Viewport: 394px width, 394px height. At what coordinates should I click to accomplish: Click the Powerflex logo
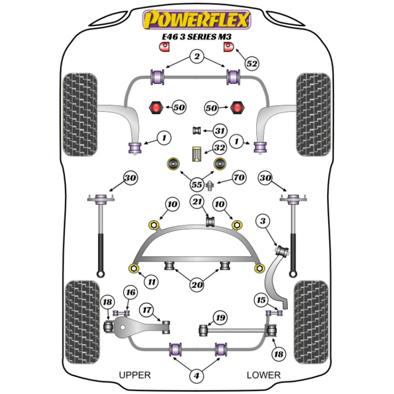tap(197, 20)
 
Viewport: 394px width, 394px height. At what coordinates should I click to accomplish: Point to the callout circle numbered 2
tap(196, 57)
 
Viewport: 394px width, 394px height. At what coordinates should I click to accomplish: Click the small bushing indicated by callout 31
tap(197, 130)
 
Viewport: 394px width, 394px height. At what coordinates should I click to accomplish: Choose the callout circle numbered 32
tap(219, 148)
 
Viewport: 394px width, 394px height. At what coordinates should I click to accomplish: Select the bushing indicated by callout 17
tap(167, 325)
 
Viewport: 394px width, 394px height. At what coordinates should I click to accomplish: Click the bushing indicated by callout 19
tap(204, 330)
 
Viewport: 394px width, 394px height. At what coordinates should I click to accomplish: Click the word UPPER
tap(135, 375)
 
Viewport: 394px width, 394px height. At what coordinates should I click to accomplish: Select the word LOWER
tap(264, 375)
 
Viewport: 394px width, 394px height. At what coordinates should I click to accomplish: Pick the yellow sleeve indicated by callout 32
tap(197, 154)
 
